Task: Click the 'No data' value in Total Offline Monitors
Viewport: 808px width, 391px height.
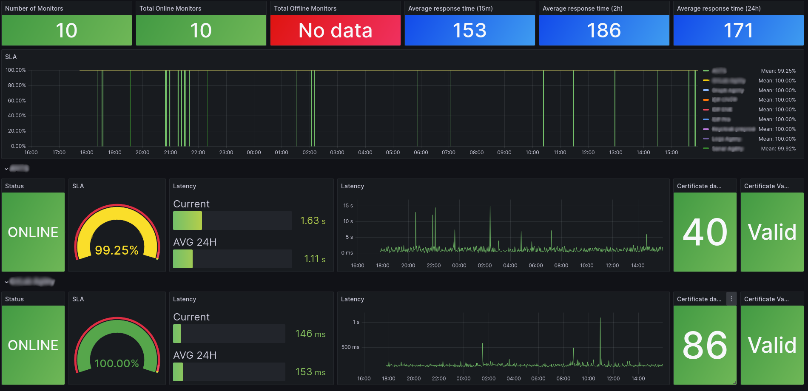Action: click(335, 31)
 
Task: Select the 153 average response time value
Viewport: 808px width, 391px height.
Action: click(469, 31)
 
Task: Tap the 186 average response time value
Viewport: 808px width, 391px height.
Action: click(604, 31)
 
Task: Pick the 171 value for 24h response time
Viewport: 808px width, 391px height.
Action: click(738, 31)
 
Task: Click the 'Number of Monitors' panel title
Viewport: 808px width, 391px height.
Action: click(34, 8)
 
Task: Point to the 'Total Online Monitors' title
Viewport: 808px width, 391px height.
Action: click(170, 8)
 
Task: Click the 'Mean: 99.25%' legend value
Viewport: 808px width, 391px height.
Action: click(778, 71)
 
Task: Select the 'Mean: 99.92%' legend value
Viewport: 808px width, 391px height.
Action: click(778, 149)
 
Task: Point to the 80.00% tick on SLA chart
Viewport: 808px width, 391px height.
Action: click(17, 85)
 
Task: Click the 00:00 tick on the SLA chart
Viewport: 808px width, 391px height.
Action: click(254, 153)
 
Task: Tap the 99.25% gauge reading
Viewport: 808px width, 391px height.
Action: click(117, 250)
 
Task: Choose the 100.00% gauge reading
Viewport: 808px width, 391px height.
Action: click(117, 363)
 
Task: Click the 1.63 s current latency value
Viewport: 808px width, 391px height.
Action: click(313, 221)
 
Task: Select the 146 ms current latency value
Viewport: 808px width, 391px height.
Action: click(310, 334)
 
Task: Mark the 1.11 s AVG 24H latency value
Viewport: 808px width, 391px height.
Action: click(314, 259)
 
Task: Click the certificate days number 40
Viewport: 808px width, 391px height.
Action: click(705, 232)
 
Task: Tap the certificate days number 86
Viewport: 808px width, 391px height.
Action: click(705, 345)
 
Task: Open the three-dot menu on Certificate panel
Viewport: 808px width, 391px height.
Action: click(731, 299)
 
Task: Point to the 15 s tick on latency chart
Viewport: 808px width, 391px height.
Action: click(348, 206)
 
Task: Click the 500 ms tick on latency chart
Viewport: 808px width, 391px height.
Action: click(350, 347)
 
